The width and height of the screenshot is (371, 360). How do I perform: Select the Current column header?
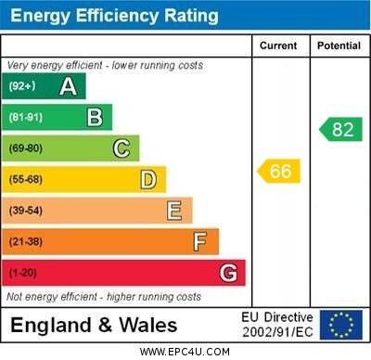tap(278, 45)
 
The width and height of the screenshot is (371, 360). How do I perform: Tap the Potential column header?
tap(339, 45)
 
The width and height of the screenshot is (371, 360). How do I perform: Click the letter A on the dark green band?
tap(68, 86)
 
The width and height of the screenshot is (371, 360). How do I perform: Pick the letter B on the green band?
tap(95, 117)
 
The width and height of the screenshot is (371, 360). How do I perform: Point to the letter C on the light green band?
tap(122, 148)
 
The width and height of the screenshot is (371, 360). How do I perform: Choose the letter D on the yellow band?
tap(148, 179)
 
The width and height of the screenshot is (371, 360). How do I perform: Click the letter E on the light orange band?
tap(174, 211)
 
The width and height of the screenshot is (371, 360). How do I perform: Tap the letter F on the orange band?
tap(200, 242)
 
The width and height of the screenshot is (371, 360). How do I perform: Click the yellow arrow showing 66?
tap(278, 171)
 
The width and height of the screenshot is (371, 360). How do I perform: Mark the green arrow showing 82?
tap(340, 129)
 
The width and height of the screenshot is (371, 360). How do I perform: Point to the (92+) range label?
tap(24, 86)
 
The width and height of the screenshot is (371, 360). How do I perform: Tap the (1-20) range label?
tap(24, 274)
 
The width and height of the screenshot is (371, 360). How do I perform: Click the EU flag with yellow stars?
tap(340, 325)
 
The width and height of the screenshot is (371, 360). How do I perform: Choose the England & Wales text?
tap(95, 326)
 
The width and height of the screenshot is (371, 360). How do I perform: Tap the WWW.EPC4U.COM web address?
tap(185, 352)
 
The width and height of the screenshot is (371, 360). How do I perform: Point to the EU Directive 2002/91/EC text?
tap(277, 325)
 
